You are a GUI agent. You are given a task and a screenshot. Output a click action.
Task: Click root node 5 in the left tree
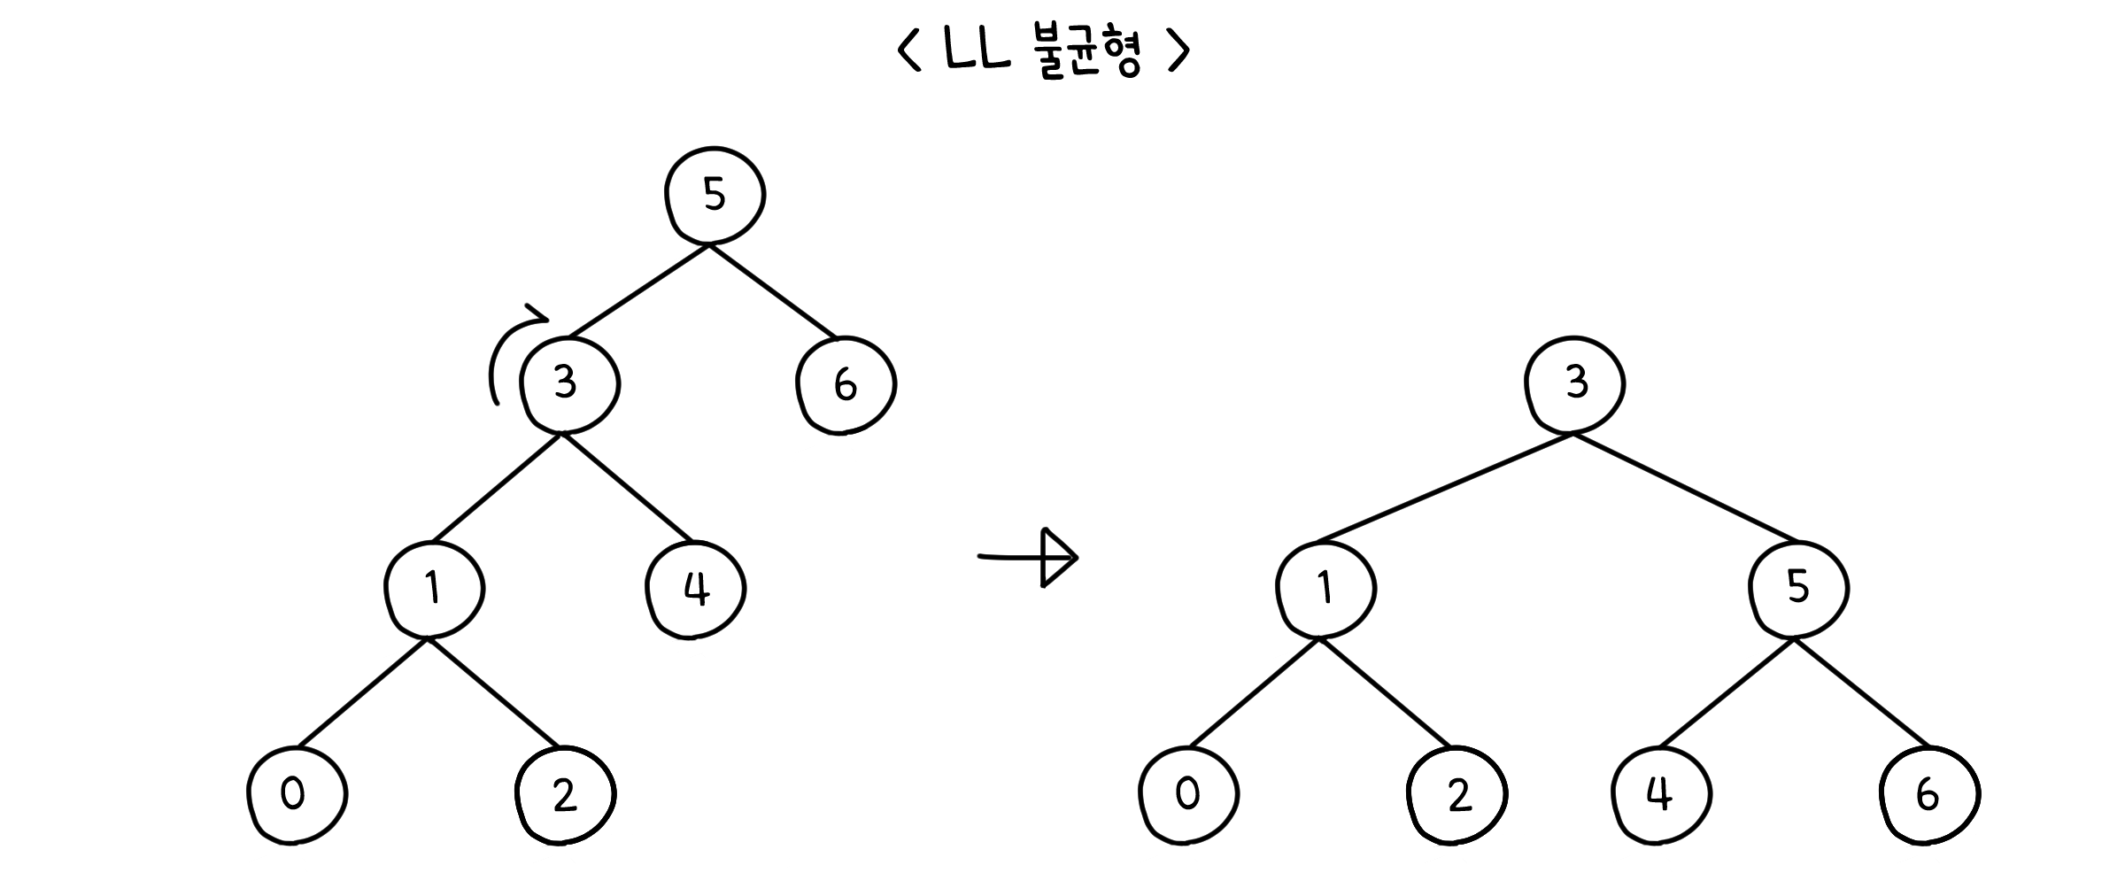pos(715,195)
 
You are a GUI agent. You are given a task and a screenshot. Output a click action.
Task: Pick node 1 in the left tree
pos(434,588)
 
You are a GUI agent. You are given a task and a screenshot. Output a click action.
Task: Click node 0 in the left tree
pos(296,794)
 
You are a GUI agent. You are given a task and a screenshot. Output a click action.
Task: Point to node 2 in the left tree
pos(565,794)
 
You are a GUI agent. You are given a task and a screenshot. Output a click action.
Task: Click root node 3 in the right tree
pos(1574,384)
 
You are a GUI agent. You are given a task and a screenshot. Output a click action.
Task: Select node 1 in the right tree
pos(1325,588)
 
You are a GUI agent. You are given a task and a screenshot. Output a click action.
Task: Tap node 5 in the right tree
pos(1798,588)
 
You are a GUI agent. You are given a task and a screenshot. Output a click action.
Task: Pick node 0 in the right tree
pos(1188,794)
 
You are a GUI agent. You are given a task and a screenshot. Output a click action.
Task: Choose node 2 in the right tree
pos(1457,794)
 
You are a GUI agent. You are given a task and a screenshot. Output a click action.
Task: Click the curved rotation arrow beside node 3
pos(506,350)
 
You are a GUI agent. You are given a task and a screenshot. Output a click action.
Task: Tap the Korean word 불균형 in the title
pos(1087,53)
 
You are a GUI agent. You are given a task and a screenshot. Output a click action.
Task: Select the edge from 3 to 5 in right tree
pos(1685,488)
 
